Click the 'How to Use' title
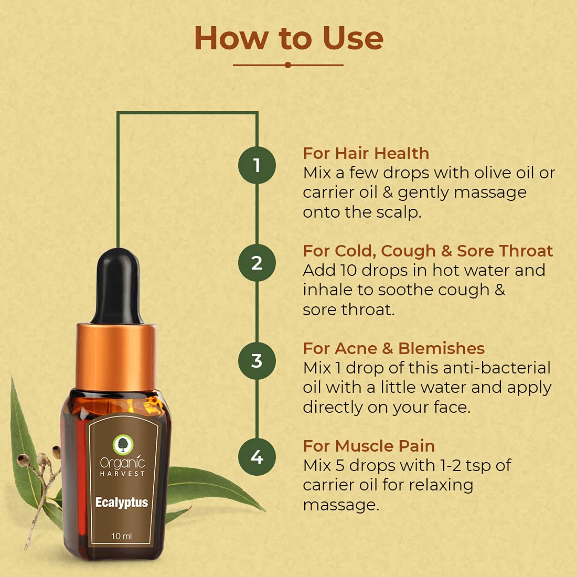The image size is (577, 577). [289, 38]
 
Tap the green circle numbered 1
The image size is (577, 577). [257, 165]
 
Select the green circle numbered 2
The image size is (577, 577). [257, 263]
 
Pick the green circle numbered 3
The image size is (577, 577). [257, 361]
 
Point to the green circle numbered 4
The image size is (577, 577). [257, 457]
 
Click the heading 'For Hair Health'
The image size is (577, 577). [366, 153]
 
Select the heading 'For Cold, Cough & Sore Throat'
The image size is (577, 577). [428, 251]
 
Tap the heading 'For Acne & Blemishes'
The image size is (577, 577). [394, 348]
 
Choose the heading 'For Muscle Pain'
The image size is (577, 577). [369, 446]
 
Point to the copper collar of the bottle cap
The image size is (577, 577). [116, 357]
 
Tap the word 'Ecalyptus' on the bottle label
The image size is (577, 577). [122, 503]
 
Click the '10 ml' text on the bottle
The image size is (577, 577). [122, 536]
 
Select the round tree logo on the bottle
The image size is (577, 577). [122, 444]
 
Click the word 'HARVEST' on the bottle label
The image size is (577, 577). [122, 474]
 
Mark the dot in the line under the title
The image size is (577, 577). [288, 65]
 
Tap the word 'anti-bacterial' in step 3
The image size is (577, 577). [497, 368]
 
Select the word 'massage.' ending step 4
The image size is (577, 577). [341, 505]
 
